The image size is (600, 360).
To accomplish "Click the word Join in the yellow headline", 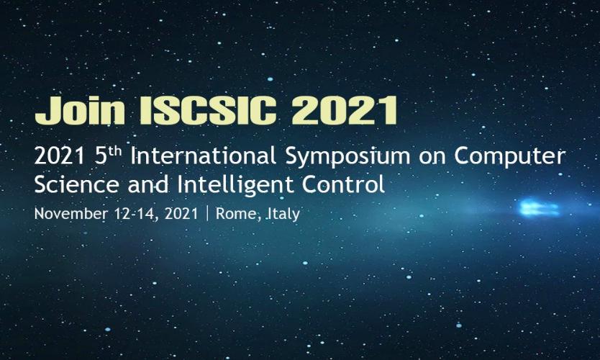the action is point(80,110).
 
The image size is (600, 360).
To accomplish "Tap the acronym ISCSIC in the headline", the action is point(208,110).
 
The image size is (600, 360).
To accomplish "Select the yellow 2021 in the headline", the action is point(345,110).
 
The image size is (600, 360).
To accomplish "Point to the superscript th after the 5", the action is point(114,152).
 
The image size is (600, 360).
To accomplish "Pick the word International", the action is point(204,156).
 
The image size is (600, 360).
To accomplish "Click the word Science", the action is point(76,184).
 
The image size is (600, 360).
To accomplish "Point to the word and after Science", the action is point(148,184).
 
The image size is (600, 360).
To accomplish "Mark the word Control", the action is point(343,184).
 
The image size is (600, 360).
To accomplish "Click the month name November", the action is point(71,213).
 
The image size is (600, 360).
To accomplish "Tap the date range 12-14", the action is point(136,214).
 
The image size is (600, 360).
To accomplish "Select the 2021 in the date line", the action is point(181,213).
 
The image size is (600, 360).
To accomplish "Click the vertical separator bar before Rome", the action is point(207,214).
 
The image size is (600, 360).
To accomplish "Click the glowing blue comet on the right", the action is point(539,208).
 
